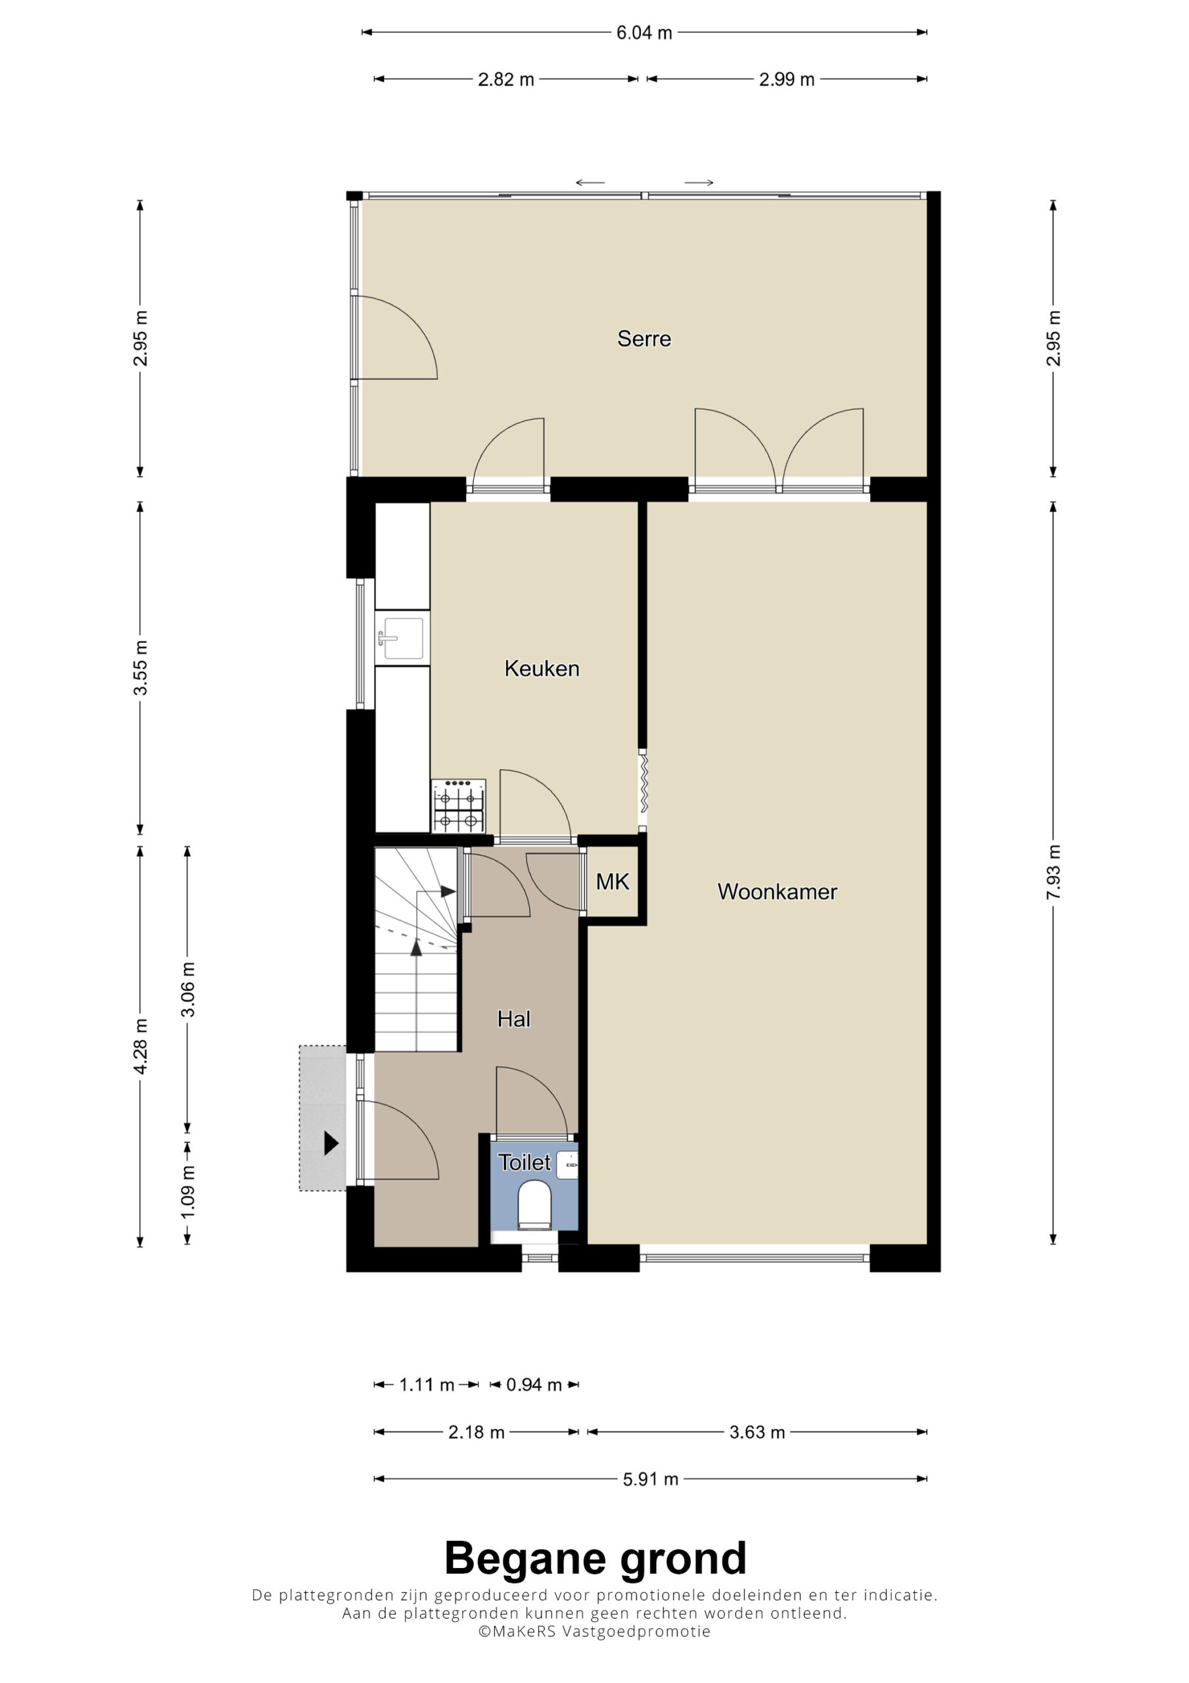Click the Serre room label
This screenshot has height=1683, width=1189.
pos(643,339)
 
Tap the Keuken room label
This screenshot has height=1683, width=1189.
pos(542,669)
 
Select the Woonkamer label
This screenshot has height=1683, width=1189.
pos(777,891)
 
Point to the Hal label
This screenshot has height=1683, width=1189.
pos(513,1019)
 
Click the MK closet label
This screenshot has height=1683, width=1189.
pos(612,882)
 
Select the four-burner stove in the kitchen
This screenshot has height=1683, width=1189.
pos(458,805)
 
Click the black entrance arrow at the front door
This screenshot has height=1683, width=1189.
pos(331,1143)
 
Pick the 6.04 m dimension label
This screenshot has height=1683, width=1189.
pos(643,33)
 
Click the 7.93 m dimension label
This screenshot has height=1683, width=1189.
pos(1054,872)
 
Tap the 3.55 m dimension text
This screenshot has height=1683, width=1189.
pos(141,668)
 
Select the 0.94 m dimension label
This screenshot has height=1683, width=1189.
pos(534,1385)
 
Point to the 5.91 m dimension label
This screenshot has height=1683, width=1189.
pos(650,1479)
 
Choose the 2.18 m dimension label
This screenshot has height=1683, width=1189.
pos(477,1433)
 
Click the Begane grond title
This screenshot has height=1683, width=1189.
pos(595,1557)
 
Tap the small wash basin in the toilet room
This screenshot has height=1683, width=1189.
pos(567,1164)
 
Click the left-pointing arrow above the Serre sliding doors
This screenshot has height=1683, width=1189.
pos(590,183)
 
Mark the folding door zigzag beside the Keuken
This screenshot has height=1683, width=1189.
pos(644,784)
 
